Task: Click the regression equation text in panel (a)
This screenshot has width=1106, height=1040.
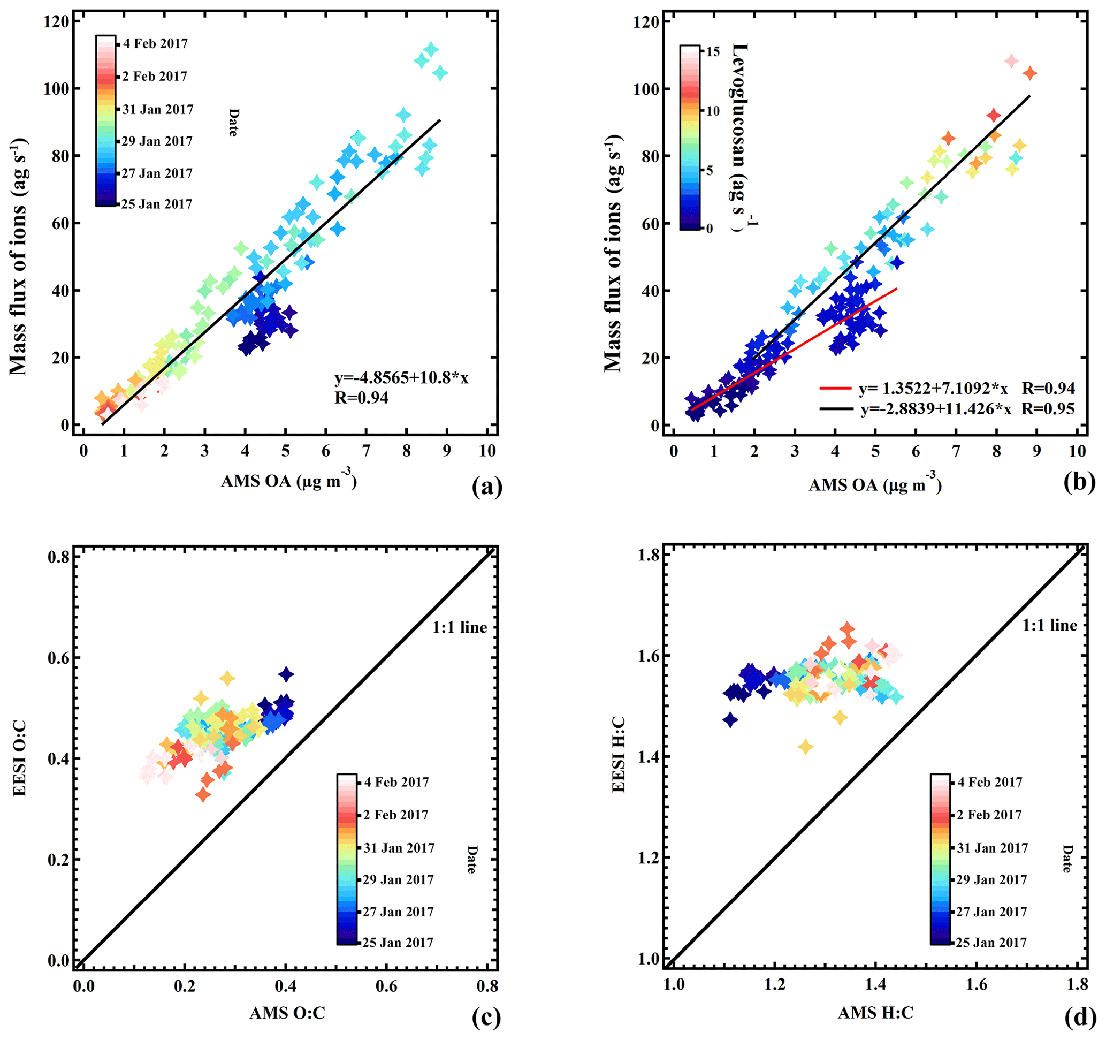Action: pos(401,378)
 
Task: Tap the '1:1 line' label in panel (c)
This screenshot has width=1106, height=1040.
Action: pos(460,628)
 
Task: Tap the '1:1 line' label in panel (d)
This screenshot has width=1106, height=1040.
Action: pos(1049,626)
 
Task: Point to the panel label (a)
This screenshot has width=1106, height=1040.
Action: pos(487,487)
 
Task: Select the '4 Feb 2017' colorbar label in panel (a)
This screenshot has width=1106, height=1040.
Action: pos(155,44)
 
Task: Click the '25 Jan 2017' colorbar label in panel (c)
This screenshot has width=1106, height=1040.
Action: pos(398,943)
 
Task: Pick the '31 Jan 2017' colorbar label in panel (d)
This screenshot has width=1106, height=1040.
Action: pos(993,848)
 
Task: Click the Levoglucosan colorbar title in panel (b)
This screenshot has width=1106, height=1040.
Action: pos(740,134)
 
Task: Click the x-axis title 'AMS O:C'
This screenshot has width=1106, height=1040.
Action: pos(287,1013)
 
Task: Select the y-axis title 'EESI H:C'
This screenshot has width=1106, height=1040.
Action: pos(619,755)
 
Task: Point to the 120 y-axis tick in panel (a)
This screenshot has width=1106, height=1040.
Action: pos(56,22)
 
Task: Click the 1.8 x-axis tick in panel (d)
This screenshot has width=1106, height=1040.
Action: pos(1078,985)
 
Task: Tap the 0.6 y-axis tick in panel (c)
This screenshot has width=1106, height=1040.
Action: pos(58,657)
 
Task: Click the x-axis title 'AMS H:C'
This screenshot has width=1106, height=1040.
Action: pos(876,1013)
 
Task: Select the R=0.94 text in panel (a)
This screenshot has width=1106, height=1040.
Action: pos(361,398)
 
